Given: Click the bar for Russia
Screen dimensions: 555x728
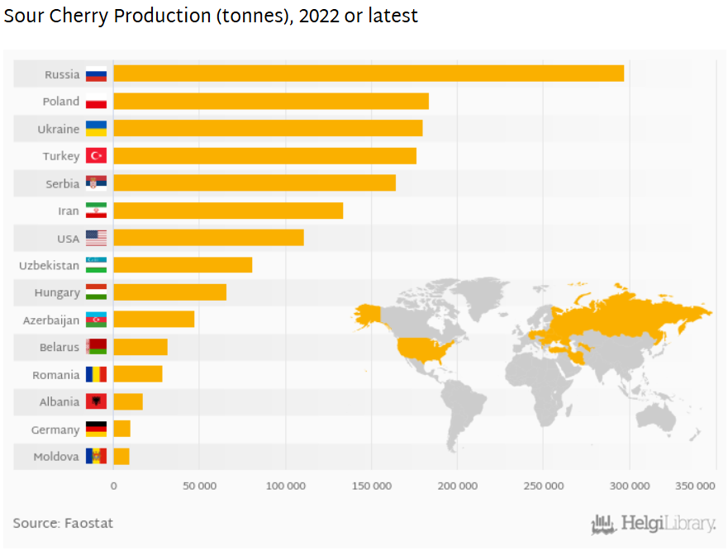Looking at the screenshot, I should pyautogui.click(x=368, y=74).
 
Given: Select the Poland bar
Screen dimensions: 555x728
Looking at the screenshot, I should pyautogui.click(x=270, y=102).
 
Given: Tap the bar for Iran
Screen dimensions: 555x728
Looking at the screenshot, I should pyautogui.click(x=227, y=211).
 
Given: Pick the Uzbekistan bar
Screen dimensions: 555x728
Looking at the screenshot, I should pyautogui.click(x=182, y=265).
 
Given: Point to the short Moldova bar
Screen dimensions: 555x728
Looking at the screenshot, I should pyautogui.click(x=121, y=457).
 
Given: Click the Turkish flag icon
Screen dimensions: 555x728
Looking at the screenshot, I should pyautogui.click(x=96, y=156).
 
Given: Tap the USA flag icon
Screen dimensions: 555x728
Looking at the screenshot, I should pyautogui.click(x=96, y=239).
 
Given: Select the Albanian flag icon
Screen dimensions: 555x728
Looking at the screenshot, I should pyautogui.click(x=96, y=402).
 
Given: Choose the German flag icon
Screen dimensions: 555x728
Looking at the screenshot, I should pyautogui.click(x=96, y=429).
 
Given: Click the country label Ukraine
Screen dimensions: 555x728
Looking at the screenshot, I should pyautogui.click(x=58, y=129).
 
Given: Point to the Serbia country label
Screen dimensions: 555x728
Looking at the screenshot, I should pyautogui.click(x=62, y=183).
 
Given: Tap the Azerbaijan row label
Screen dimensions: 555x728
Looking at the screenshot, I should pyautogui.click(x=51, y=320).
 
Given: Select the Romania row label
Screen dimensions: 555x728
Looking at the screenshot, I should pyautogui.click(x=55, y=375).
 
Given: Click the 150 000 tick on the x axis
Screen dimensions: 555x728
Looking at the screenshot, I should pyautogui.click(x=371, y=486).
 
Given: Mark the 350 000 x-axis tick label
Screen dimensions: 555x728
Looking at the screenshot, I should pyautogui.click(x=694, y=486).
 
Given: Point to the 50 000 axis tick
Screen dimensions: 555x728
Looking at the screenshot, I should pyautogui.click(x=199, y=486).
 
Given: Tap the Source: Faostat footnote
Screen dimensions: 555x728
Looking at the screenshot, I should pyautogui.click(x=63, y=523).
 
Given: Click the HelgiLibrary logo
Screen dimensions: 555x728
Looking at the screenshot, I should pyautogui.click(x=653, y=524).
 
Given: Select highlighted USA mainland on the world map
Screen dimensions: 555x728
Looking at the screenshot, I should pyautogui.click(x=423, y=349).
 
